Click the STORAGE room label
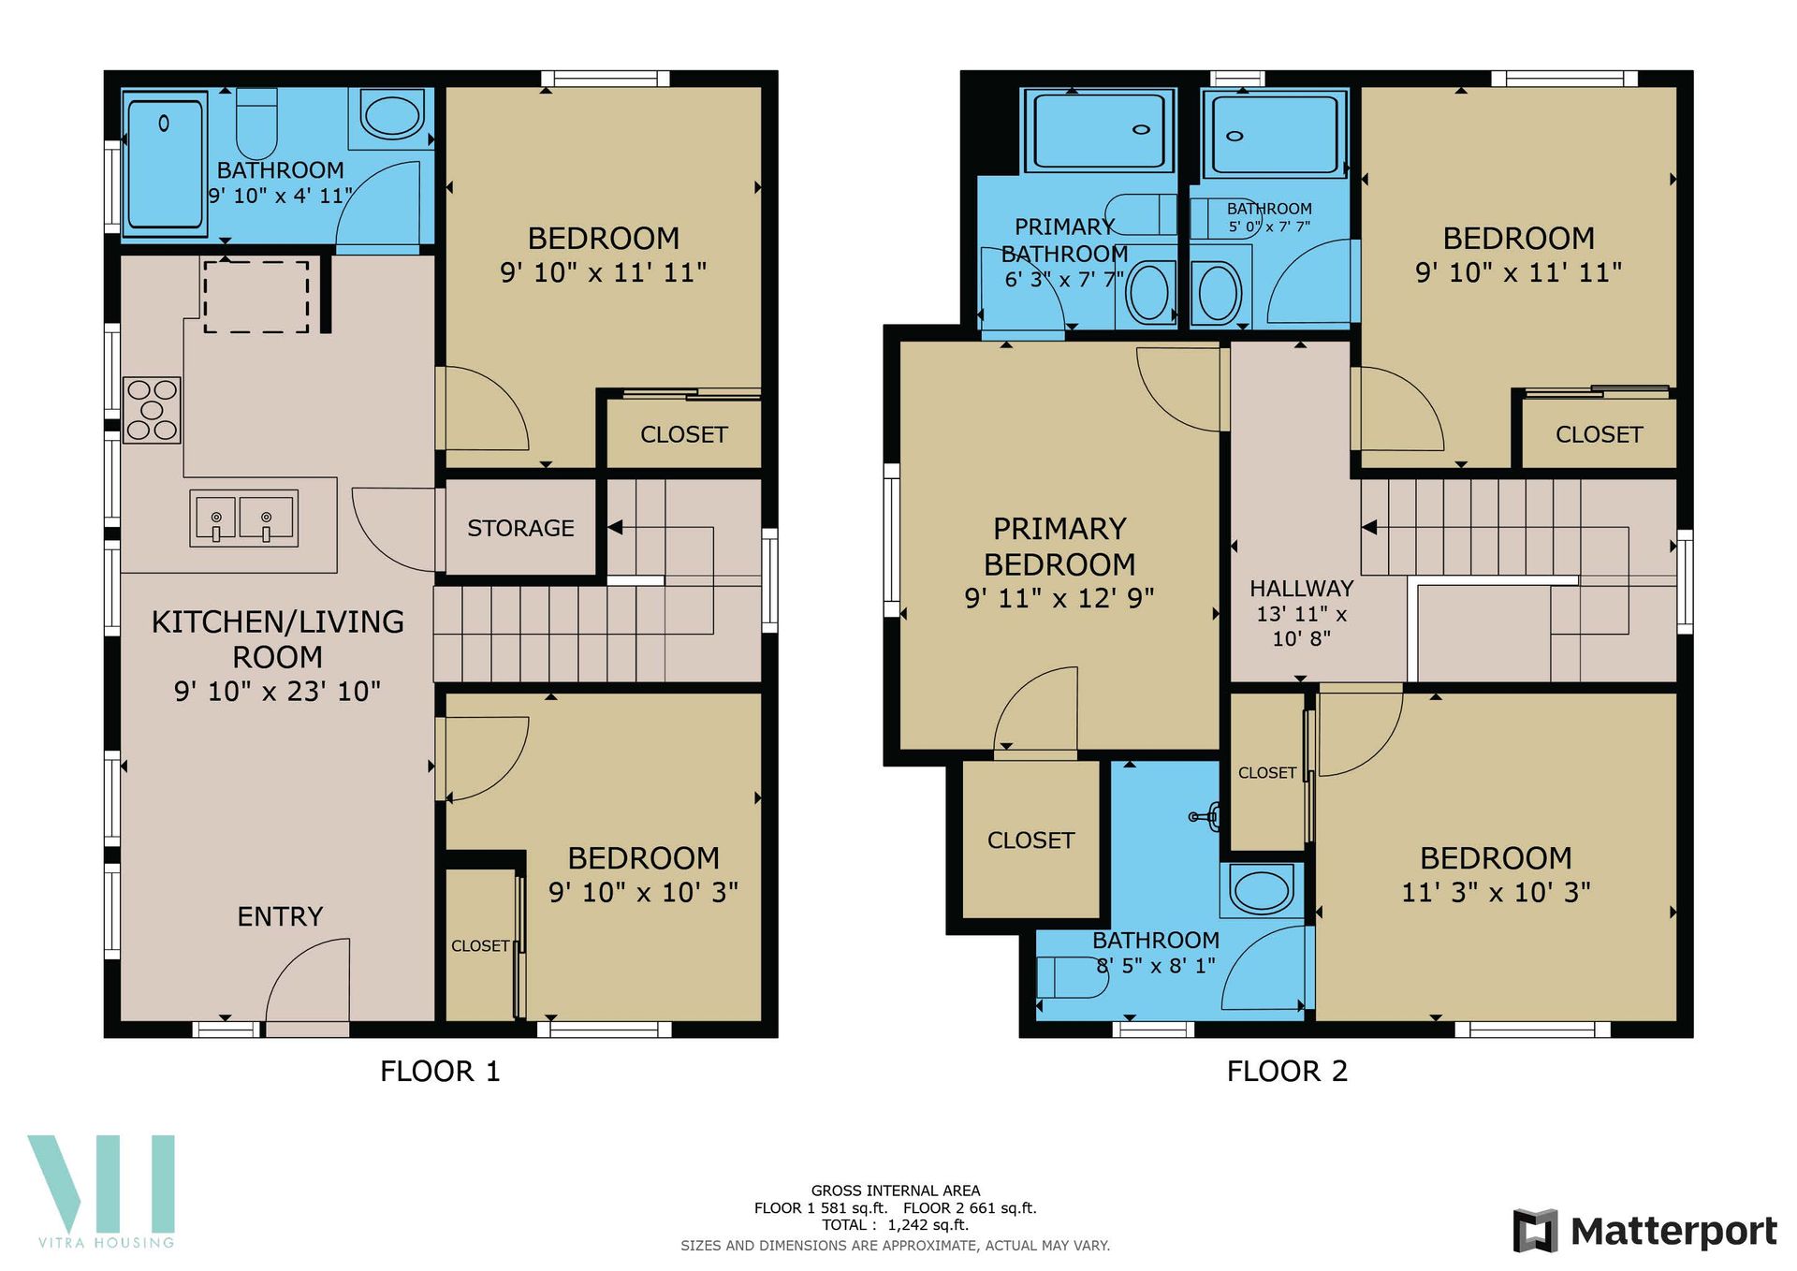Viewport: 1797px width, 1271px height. pyautogui.click(x=520, y=528)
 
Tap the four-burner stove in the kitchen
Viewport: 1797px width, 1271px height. pyautogui.click(x=152, y=409)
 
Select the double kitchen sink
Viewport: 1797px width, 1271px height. pyautogui.click(x=243, y=518)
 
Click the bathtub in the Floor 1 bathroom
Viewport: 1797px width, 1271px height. pyautogui.click(x=164, y=164)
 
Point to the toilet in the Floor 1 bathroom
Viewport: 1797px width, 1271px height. pyautogui.click(x=256, y=123)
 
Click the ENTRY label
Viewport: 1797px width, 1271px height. pyautogui.click(x=280, y=916)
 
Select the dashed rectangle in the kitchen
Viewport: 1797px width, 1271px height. pyautogui.click(x=256, y=296)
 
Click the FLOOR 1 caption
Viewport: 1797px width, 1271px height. pyautogui.click(x=440, y=1071)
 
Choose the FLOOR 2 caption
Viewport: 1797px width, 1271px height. pyautogui.click(x=1287, y=1071)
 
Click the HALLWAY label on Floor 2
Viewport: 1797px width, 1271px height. pyautogui.click(x=1302, y=589)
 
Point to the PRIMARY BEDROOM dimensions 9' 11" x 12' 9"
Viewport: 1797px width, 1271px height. pyautogui.click(x=1059, y=598)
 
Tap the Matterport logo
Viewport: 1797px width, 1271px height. pyautogui.click(x=1644, y=1231)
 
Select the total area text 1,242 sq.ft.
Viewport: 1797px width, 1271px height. pyautogui.click(x=928, y=1225)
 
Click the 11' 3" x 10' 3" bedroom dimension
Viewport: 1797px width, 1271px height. pyautogui.click(x=1496, y=892)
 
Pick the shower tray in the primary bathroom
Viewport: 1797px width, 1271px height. pyautogui.click(x=1099, y=131)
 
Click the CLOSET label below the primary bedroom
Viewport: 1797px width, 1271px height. pyautogui.click(x=1030, y=840)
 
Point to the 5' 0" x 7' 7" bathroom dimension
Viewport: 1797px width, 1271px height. pyautogui.click(x=1269, y=226)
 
